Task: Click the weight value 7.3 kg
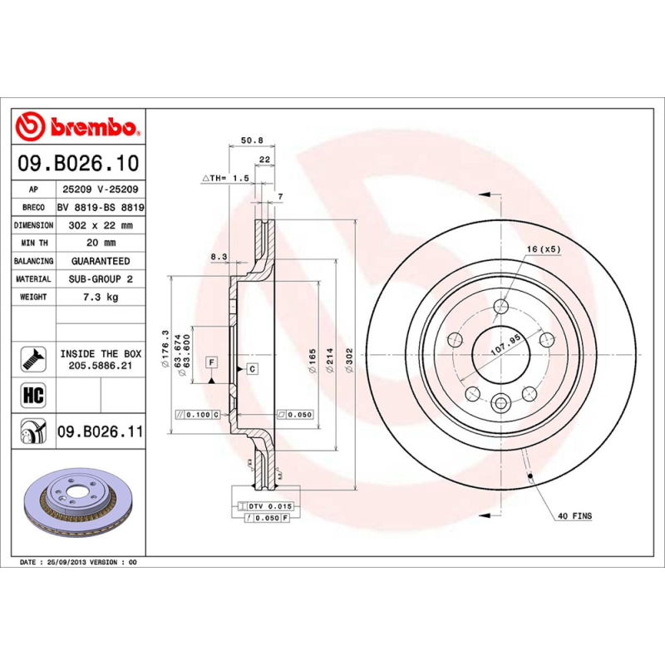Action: point(100,297)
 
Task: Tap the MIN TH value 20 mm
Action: point(100,243)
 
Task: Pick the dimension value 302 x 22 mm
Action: point(100,225)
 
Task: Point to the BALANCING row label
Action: point(33,261)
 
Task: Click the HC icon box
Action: point(32,394)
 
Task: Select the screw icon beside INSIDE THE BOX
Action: point(32,358)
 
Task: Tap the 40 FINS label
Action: point(574,516)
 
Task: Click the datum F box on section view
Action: point(212,362)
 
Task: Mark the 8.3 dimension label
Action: point(219,258)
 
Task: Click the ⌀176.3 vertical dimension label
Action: point(166,342)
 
